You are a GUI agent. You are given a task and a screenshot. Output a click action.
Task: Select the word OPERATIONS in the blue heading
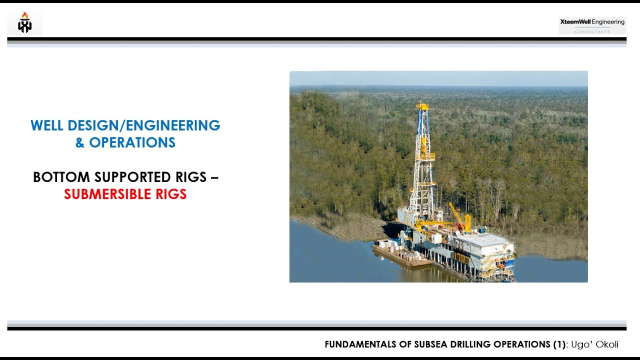132,142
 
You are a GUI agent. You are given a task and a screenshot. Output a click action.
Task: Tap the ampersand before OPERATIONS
80,142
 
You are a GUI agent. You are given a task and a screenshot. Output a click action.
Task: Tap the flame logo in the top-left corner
24,23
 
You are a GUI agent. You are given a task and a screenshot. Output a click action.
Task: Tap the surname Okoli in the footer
607,344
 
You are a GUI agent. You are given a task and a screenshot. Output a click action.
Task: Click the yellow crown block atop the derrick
422,106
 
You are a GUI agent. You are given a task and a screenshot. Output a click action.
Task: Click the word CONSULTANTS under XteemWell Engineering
592,31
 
